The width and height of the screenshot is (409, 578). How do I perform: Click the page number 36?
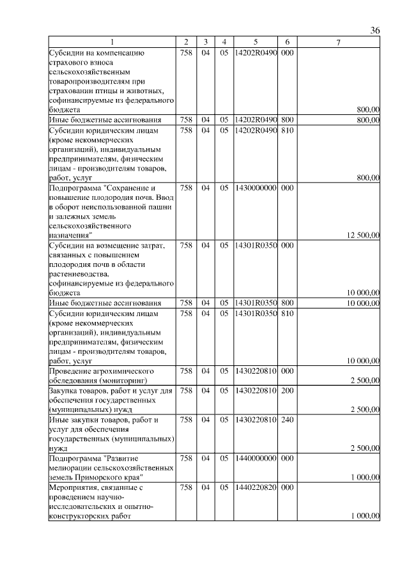(x=375, y=31)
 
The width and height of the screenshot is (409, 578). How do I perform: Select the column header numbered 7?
(x=339, y=43)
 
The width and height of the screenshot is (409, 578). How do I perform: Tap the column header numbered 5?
(x=255, y=43)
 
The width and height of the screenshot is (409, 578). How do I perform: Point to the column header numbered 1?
(x=112, y=43)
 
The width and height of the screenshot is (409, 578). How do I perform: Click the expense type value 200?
(x=287, y=390)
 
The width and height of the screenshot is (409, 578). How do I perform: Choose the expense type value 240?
(x=287, y=420)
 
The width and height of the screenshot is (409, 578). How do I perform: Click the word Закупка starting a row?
(x=66, y=390)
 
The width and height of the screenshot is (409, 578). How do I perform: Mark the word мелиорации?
(x=72, y=468)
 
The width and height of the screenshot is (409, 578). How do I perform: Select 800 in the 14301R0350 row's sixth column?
(x=287, y=303)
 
